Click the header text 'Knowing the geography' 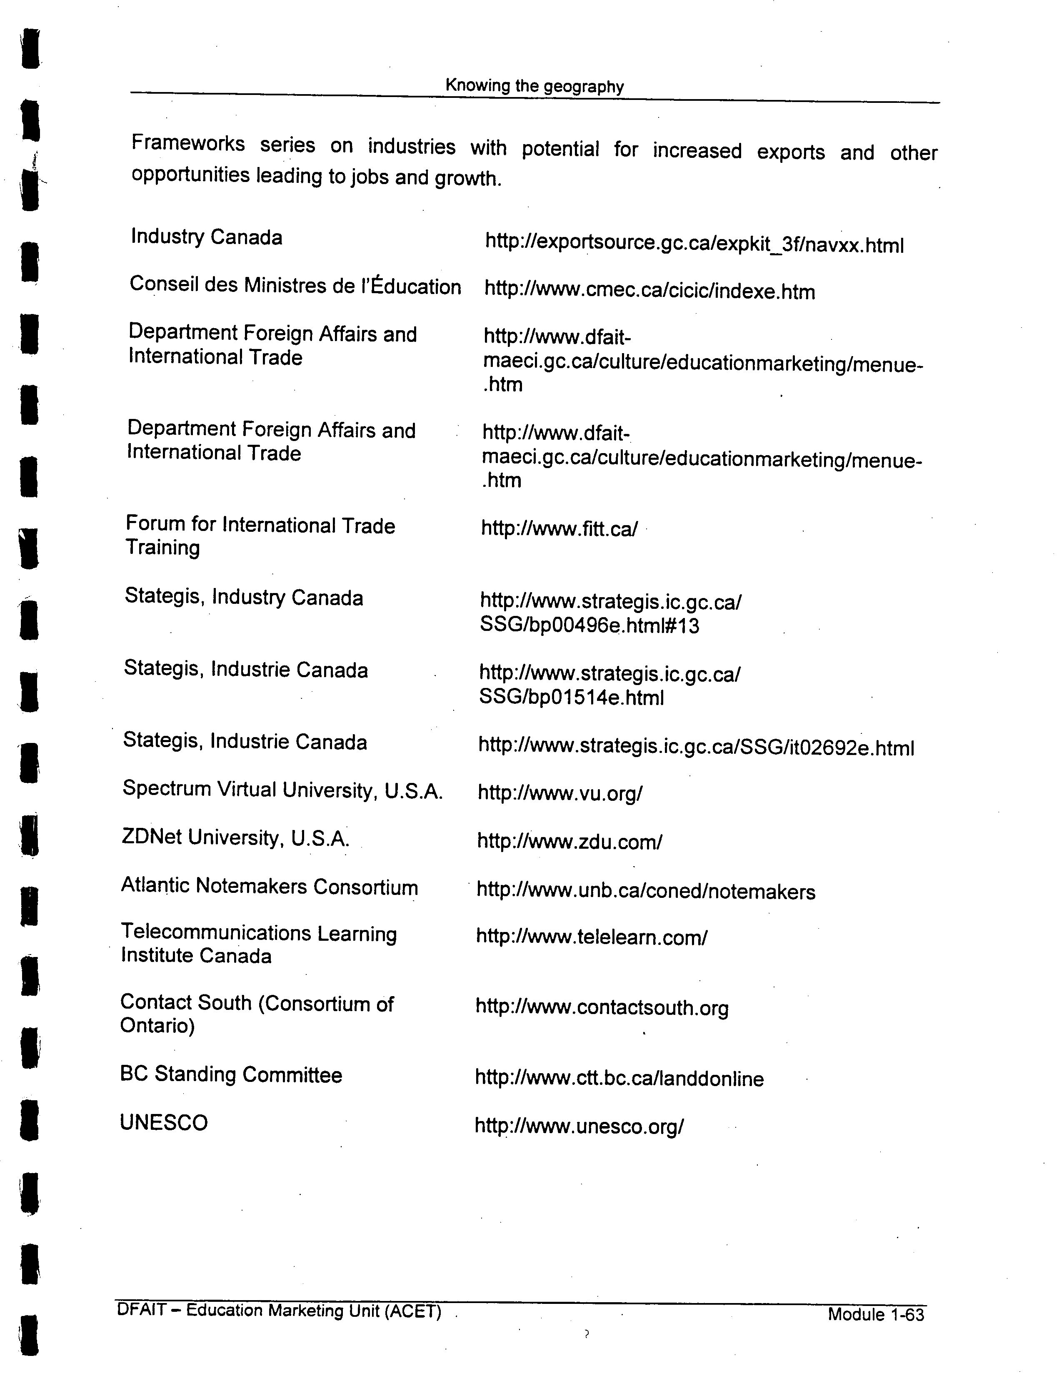click(534, 86)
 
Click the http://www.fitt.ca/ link click(559, 528)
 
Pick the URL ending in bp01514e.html click(609, 685)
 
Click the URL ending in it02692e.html click(696, 747)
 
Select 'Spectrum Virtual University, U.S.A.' click(282, 790)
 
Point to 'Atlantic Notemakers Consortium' click(269, 887)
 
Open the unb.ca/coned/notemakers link click(645, 891)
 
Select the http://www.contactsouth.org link click(602, 1007)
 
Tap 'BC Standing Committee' click(231, 1074)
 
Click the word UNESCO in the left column click(163, 1122)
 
